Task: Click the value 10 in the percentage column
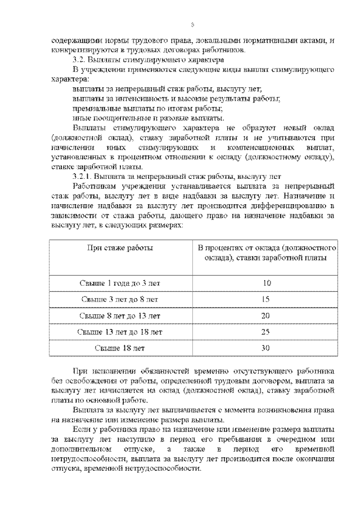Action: click(x=267, y=283)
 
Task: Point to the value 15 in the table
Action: click(x=267, y=299)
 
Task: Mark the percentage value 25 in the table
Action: click(x=267, y=332)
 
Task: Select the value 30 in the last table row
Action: click(x=267, y=348)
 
